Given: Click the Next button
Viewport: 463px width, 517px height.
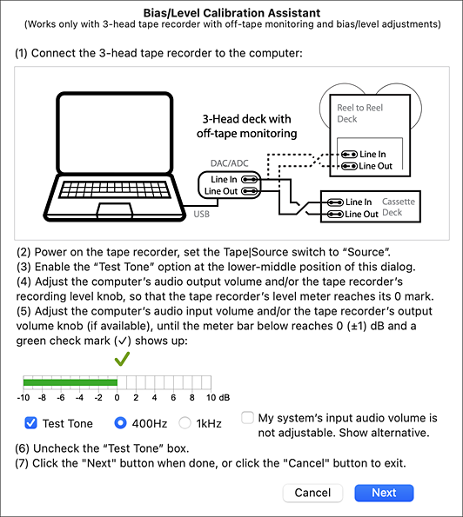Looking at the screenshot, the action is pos(384,493).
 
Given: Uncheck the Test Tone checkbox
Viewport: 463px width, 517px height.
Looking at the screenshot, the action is pos(30,423).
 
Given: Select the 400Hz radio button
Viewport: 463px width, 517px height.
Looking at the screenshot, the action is pos(120,423).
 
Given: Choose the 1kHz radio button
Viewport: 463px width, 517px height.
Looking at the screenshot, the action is pos(185,423).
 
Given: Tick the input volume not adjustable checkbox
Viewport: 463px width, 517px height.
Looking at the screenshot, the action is pos(247,417).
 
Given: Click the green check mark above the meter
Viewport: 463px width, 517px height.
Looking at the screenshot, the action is pos(122,359).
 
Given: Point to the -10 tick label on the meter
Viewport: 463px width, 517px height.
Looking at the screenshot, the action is pos(23,398).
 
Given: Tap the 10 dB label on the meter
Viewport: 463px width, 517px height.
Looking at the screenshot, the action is pos(218,398).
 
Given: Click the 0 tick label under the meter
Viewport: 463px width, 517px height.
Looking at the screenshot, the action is pos(117,398).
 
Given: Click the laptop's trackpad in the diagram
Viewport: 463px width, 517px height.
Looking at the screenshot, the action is pos(115,210).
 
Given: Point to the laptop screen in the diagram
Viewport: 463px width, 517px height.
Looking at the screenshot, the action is pos(115,133).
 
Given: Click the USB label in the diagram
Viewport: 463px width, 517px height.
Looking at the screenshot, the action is pos(201,215).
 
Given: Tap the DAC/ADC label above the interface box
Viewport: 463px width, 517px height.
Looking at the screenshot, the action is pos(229,163).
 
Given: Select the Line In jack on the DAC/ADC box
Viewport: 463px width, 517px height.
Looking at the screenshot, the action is pos(249,179).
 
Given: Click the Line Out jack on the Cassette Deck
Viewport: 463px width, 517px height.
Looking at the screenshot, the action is pos(335,215).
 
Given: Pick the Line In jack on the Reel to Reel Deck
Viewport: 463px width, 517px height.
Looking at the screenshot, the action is pos(349,154).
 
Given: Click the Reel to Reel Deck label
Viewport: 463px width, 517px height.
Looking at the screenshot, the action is pos(359,113).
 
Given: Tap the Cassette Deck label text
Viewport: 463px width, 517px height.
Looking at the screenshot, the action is pos(399,207).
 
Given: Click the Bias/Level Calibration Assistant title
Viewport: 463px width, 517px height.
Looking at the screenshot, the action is pos(231,13).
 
